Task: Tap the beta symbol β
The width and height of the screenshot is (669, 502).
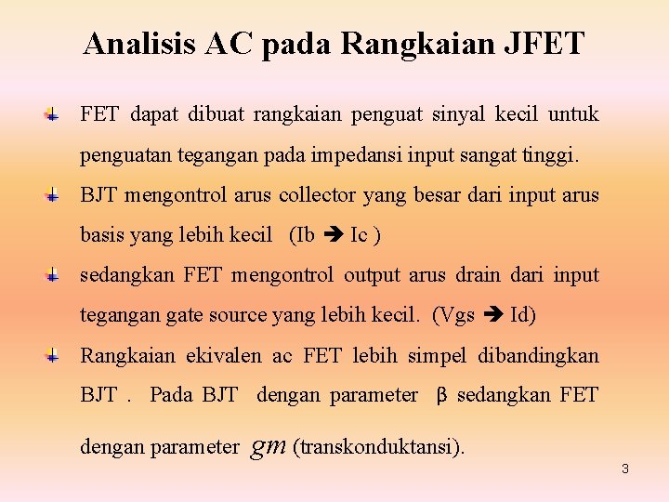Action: (x=442, y=396)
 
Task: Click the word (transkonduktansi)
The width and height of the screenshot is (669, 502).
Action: (x=378, y=447)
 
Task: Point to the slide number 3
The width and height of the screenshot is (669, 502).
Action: (x=625, y=469)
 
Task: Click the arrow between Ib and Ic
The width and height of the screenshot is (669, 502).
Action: (x=332, y=235)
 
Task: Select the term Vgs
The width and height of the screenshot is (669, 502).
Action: (x=456, y=315)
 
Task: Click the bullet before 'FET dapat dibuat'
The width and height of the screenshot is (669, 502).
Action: (x=54, y=115)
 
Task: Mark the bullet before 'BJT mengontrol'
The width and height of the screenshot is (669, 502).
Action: (x=54, y=195)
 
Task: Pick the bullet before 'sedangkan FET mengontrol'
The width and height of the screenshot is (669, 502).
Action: (x=54, y=275)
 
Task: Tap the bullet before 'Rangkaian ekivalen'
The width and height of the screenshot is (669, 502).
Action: (x=54, y=355)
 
